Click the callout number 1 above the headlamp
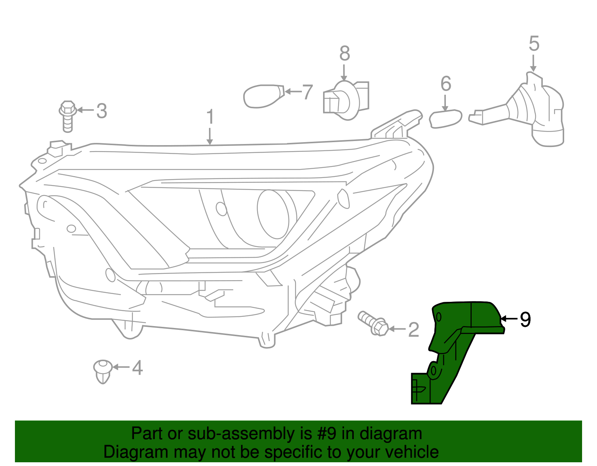click(x=210, y=117)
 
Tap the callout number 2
click(x=413, y=329)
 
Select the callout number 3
click(x=101, y=111)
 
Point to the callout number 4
click(x=137, y=368)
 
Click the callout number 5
click(x=534, y=44)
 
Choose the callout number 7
click(x=307, y=92)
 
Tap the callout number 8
click(x=344, y=53)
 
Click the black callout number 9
click(x=525, y=319)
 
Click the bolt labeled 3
click(x=68, y=116)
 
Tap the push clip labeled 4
click(x=103, y=371)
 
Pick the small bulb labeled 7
click(x=263, y=96)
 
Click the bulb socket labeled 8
click(x=346, y=100)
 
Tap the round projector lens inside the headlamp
click(x=273, y=214)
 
